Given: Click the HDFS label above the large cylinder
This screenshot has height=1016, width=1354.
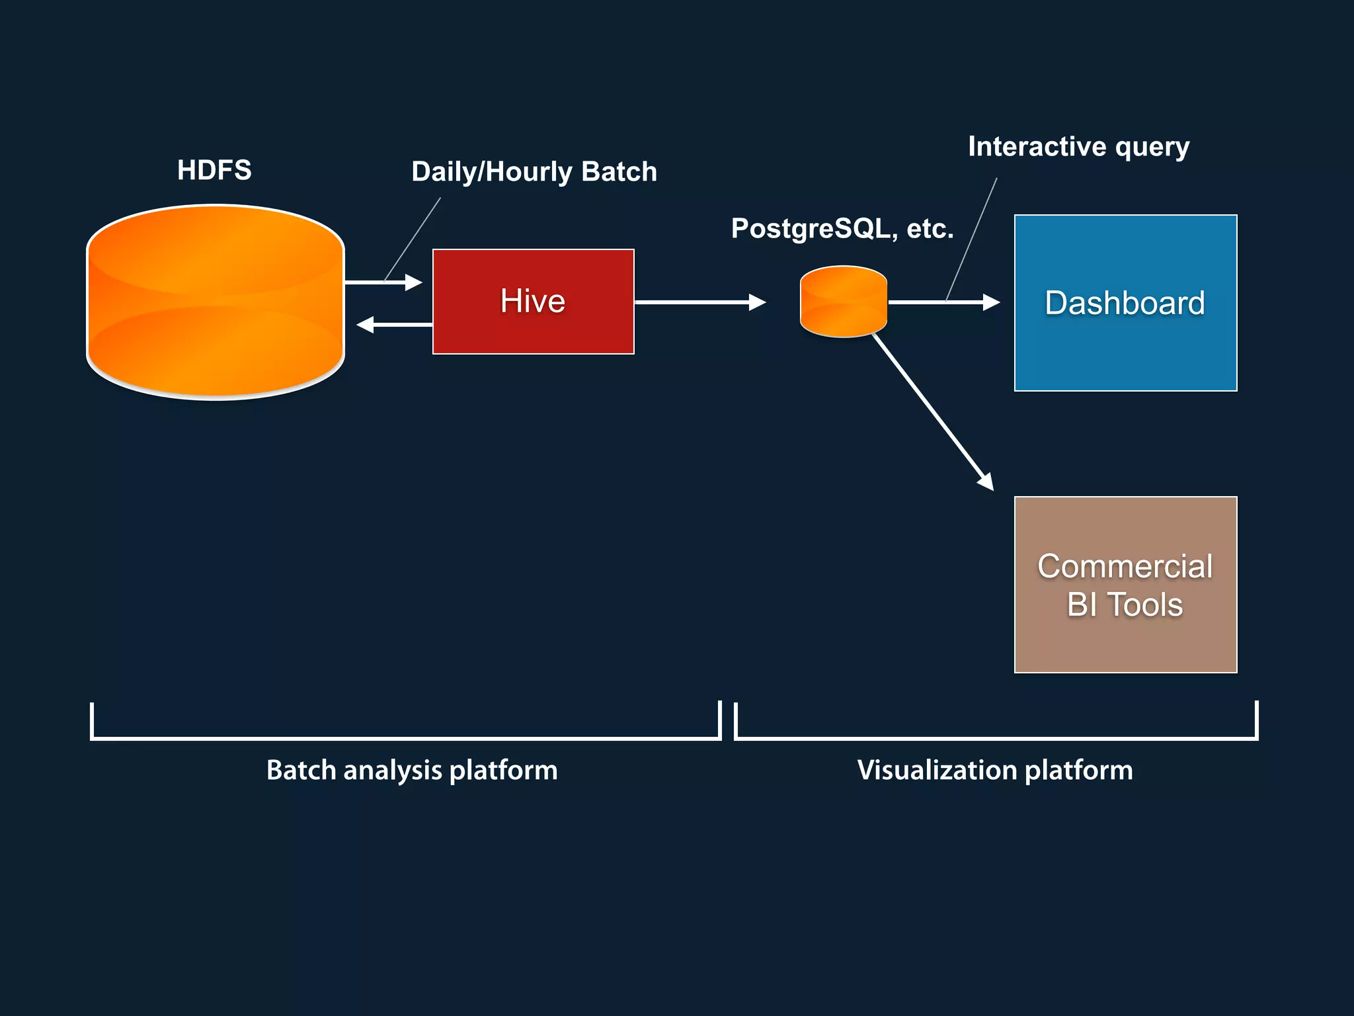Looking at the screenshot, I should pyautogui.click(x=214, y=170).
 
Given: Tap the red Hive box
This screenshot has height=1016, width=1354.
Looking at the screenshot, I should pyautogui.click(x=533, y=302).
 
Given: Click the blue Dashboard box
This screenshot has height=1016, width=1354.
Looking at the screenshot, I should pyautogui.click(x=1125, y=303).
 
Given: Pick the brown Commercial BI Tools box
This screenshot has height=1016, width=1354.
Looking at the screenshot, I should pyautogui.click(x=1125, y=585).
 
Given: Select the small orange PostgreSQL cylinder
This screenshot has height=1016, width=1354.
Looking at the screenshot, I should pyautogui.click(x=843, y=302).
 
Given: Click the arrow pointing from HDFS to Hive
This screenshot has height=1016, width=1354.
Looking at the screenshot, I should pyautogui.click(x=383, y=282).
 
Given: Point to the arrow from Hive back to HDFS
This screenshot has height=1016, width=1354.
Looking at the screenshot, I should pyautogui.click(x=395, y=325).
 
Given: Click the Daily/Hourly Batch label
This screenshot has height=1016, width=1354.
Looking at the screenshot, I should pyautogui.click(x=534, y=172).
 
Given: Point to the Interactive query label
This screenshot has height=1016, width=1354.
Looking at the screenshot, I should pyautogui.click(x=1078, y=147).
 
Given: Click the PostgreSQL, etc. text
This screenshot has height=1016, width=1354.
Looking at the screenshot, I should pyautogui.click(x=842, y=229).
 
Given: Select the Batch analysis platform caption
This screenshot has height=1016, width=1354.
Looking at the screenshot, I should pyautogui.click(x=412, y=771).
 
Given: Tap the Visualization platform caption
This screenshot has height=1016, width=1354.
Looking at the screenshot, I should pyautogui.click(x=995, y=771).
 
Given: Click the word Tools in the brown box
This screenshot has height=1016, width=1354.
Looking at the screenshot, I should pyautogui.click(x=1144, y=605).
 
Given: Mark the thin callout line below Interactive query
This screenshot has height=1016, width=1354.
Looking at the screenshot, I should pyautogui.click(x=972, y=238).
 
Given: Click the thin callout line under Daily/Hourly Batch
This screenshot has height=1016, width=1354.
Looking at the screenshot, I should pyautogui.click(x=413, y=238).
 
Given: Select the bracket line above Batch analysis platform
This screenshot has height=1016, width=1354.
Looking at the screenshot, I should pyautogui.click(x=405, y=738).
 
